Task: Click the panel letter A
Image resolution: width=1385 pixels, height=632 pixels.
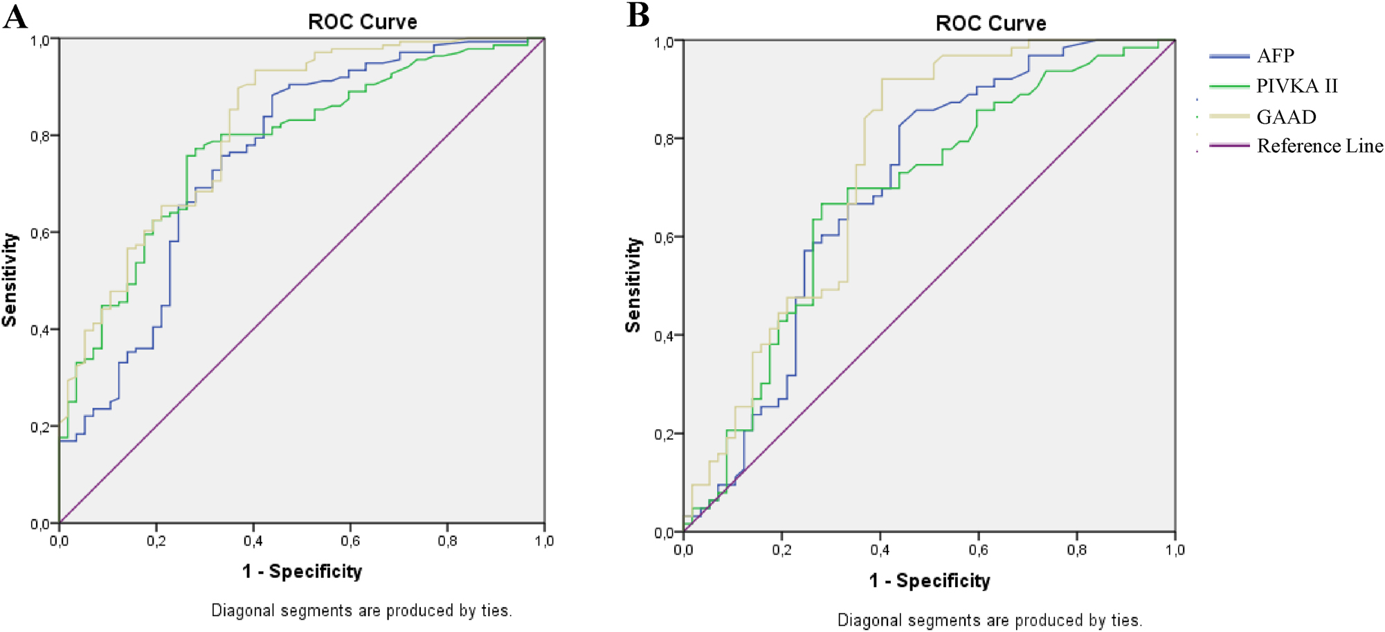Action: pyautogui.click(x=15, y=17)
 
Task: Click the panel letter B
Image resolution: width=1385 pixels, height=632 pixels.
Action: pyautogui.click(x=637, y=15)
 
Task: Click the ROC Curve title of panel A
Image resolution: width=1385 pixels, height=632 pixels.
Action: pyautogui.click(x=362, y=21)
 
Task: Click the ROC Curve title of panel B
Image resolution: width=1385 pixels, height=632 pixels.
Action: pyautogui.click(x=990, y=23)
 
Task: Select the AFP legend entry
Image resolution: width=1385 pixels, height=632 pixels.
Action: pyautogui.click(x=1275, y=55)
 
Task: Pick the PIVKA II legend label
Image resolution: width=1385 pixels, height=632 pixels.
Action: pyautogui.click(x=1296, y=86)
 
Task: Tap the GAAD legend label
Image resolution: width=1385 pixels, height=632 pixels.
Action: pyautogui.click(x=1286, y=116)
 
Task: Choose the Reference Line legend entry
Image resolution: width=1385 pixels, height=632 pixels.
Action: pyautogui.click(x=1319, y=146)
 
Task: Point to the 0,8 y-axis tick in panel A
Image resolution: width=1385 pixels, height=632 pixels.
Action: pyautogui.click(x=39, y=136)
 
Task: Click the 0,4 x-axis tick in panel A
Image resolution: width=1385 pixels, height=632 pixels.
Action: pyautogui.click(x=253, y=541)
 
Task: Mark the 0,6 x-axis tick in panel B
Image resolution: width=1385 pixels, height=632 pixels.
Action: pyautogui.click(x=978, y=550)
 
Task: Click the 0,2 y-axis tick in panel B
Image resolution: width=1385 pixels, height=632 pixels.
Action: pyautogui.click(x=664, y=434)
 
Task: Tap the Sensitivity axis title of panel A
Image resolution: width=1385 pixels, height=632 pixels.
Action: pyautogui.click(x=10, y=280)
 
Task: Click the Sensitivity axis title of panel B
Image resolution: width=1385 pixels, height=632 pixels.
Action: pyautogui.click(x=633, y=285)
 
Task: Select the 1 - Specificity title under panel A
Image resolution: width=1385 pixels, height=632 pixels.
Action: pyautogui.click(x=302, y=571)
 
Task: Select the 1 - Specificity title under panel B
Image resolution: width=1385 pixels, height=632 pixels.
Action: pyautogui.click(x=929, y=580)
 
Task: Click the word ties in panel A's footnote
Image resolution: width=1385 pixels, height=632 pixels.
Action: pyautogui.click(x=496, y=611)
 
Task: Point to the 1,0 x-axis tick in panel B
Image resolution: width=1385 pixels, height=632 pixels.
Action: pyautogui.click(x=1175, y=550)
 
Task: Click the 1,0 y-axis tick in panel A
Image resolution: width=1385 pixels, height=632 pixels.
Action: pyautogui.click(x=39, y=40)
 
